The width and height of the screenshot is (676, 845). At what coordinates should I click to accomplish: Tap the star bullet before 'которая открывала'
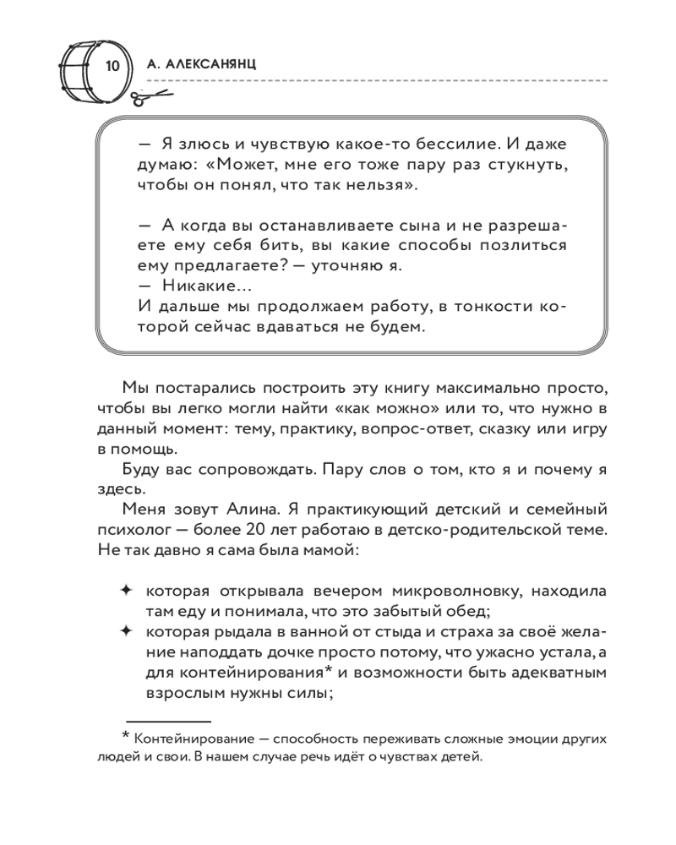tap(127, 589)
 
